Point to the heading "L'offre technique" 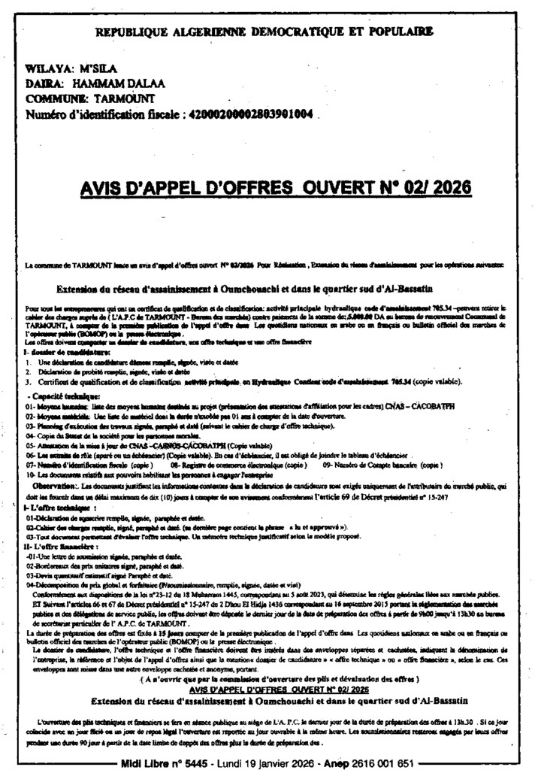click(x=53, y=508)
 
